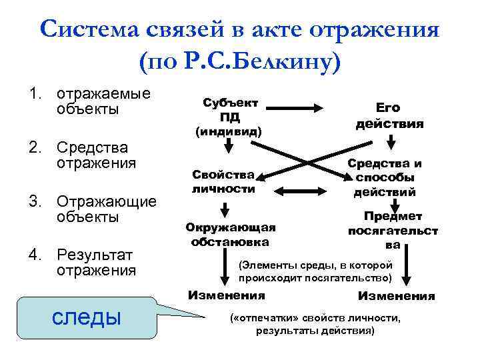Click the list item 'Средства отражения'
point(96,155)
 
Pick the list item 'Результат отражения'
point(96,263)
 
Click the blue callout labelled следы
point(87,317)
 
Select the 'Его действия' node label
point(389,115)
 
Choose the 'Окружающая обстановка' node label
point(230,234)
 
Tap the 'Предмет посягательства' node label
point(393,230)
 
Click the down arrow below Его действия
point(391,141)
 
